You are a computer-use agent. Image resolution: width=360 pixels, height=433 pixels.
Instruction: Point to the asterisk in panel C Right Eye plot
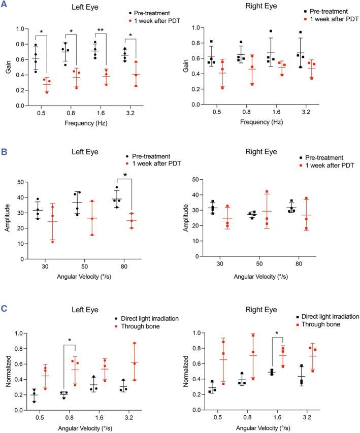click(277, 334)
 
